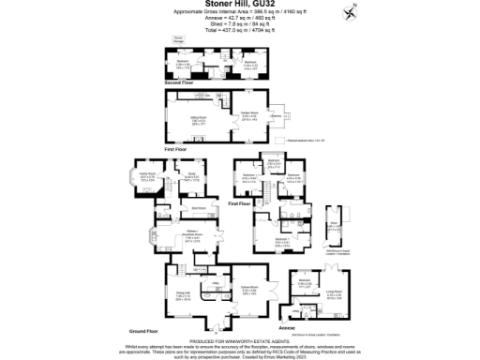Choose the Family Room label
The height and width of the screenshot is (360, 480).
point(147,174)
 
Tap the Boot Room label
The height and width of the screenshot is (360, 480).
point(199,207)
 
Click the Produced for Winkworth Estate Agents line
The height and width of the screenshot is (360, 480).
point(240,340)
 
